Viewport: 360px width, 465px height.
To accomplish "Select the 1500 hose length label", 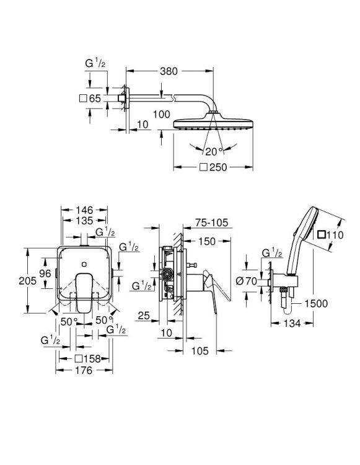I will click(317, 303).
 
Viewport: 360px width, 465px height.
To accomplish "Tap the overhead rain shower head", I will click(213, 119).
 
